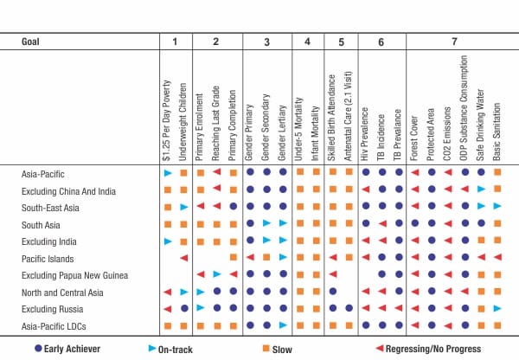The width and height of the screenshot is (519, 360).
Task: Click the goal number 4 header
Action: (x=306, y=42)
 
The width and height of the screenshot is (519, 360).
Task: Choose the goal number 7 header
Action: (x=455, y=42)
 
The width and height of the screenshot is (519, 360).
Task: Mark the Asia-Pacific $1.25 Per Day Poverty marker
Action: (x=168, y=174)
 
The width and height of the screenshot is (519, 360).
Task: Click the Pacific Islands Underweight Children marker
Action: (x=183, y=258)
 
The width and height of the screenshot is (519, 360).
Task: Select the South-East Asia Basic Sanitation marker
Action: (x=497, y=207)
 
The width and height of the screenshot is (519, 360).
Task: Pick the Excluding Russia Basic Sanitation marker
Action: (x=497, y=308)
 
